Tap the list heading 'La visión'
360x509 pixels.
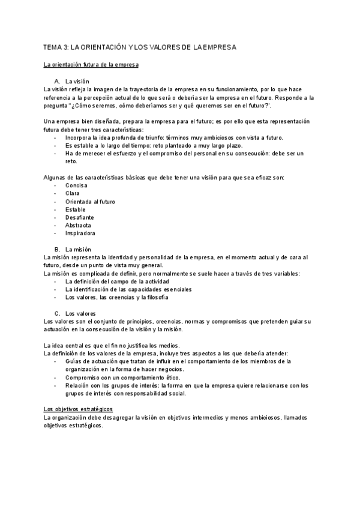pyautogui.click(x=78, y=81)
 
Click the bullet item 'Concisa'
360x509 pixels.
pyautogui.click(x=76, y=185)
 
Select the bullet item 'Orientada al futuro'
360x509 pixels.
pyautogui.click(x=90, y=202)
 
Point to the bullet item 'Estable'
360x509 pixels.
pyautogui.click(x=76, y=209)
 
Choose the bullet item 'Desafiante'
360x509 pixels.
pyautogui.click(x=80, y=217)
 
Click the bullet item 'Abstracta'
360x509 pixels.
pyautogui.click(x=79, y=225)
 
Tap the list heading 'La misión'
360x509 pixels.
pyautogui.click(x=78, y=249)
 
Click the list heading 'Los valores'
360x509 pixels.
pyautogui.click(x=80, y=313)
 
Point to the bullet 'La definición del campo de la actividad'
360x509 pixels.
pyautogui.click(x=117, y=282)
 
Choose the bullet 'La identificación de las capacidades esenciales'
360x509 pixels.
pyautogui.click(x=128, y=289)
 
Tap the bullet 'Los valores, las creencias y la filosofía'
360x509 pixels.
pyautogui.click(x=116, y=297)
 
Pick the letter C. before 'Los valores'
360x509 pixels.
pyautogui.click(x=57, y=313)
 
